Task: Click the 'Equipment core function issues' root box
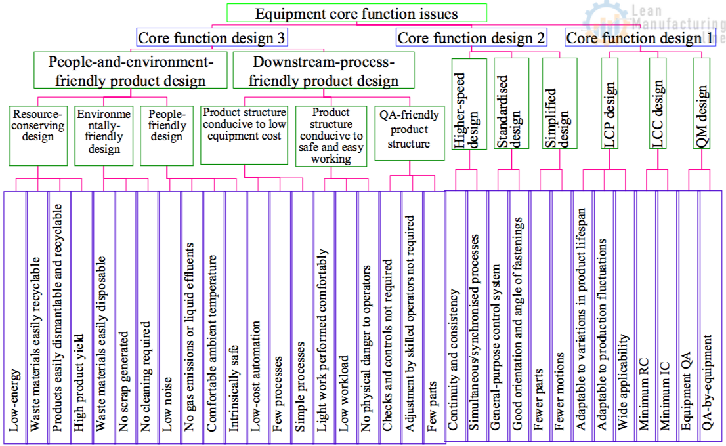(356, 13)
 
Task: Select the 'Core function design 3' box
(211, 38)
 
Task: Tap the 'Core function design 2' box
(471, 38)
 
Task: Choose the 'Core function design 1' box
(640, 38)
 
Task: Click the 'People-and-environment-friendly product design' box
(131, 71)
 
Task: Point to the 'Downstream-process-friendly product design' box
(324, 71)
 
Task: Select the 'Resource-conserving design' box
(38, 134)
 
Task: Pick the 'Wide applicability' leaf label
(622, 383)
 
